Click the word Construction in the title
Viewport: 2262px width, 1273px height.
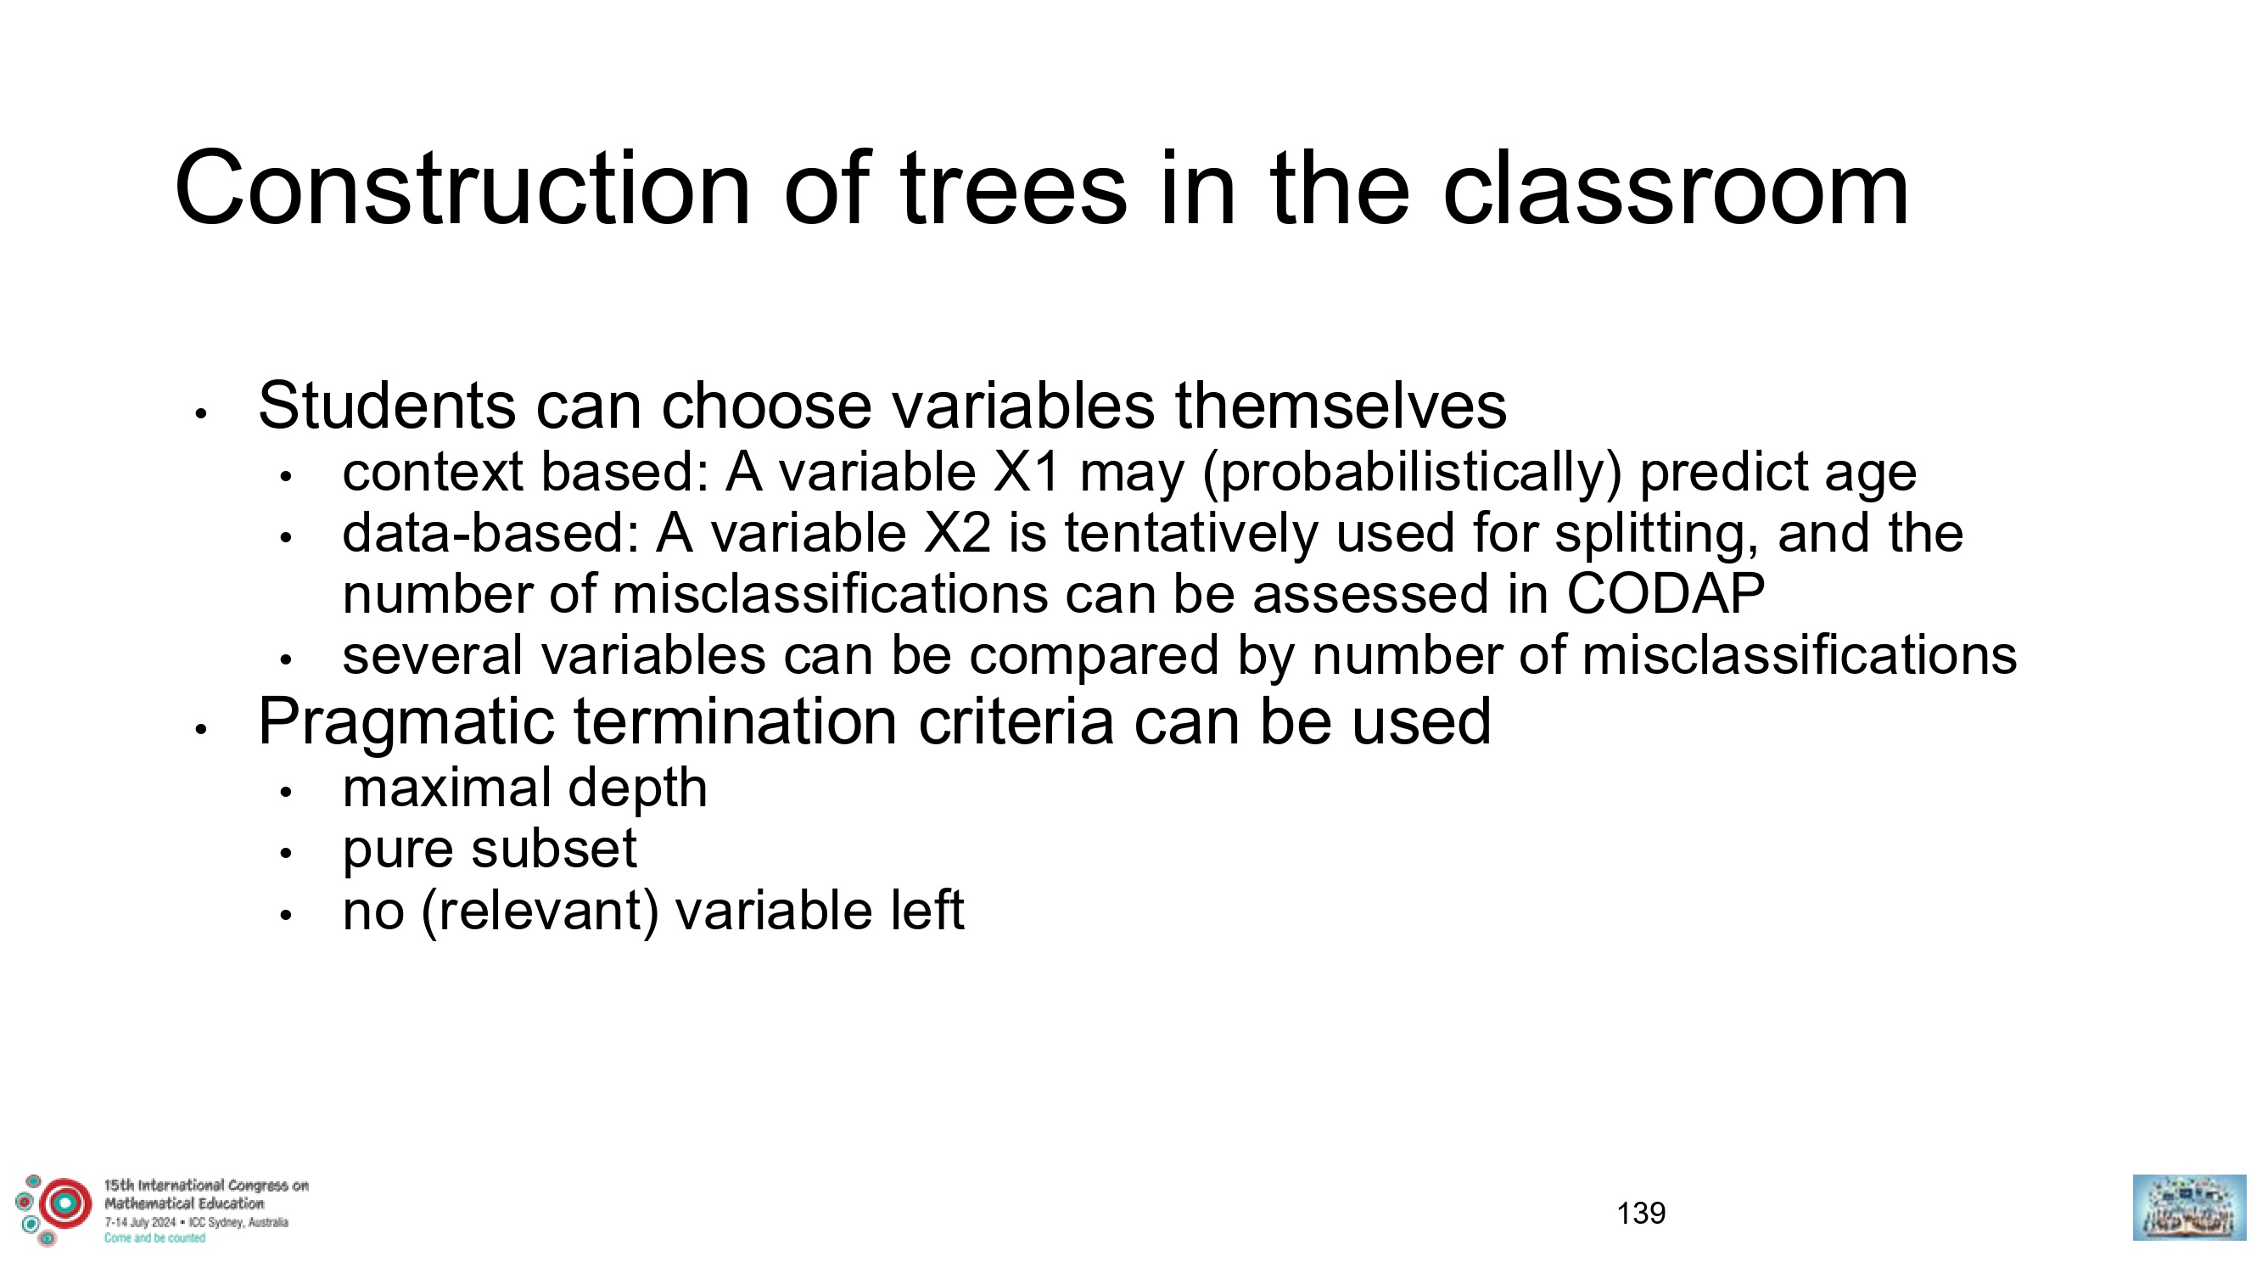click(462, 189)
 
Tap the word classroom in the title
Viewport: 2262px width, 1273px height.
click(1676, 189)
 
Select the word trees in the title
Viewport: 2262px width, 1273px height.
click(1013, 189)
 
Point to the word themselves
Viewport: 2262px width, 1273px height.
click(1341, 406)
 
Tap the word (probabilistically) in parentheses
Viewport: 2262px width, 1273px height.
click(1412, 474)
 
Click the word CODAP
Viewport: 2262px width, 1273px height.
click(1666, 594)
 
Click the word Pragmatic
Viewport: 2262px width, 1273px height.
click(406, 722)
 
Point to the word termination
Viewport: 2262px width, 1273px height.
click(736, 722)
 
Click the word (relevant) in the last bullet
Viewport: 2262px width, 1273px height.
click(540, 911)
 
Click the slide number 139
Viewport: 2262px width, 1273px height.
click(1640, 1214)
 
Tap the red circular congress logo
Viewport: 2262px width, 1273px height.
click(64, 1203)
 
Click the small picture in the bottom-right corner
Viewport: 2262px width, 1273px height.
click(2189, 1207)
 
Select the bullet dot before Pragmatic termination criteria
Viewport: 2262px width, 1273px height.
click(201, 729)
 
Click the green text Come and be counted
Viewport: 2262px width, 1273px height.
click(154, 1238)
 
